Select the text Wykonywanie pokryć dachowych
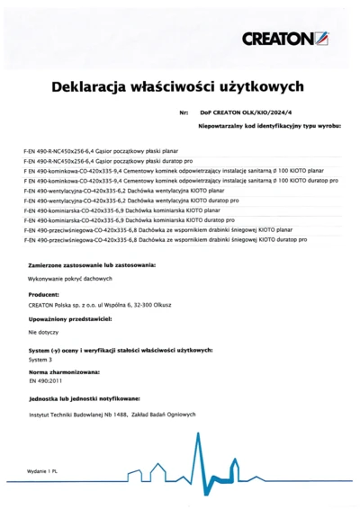[63, 281]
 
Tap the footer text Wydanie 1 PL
[41, 471]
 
